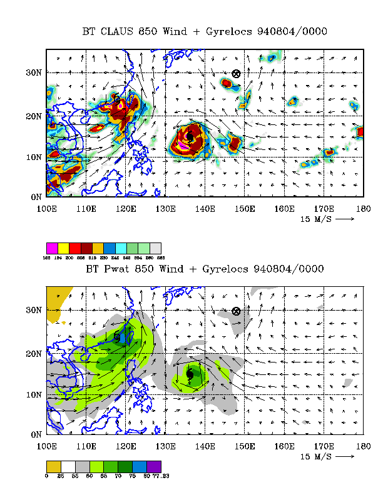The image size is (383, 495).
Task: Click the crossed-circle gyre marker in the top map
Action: click(236, 73)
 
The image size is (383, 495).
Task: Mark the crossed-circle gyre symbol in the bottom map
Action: click(236, 311)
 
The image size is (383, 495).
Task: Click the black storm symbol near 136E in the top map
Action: click(190, 136)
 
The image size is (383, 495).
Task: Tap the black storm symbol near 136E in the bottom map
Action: click(190, 374)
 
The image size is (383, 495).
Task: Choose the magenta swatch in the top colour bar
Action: click(52, 248)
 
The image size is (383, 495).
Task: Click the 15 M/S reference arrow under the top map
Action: click(345, 219)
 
